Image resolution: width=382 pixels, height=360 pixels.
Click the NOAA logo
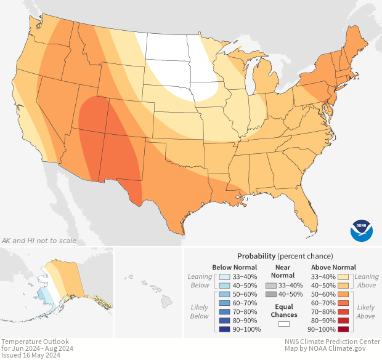click(362, 230)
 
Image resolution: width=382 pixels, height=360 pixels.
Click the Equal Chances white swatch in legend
click(284, 324)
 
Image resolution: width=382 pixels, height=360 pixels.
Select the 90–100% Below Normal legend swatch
click(224, 329)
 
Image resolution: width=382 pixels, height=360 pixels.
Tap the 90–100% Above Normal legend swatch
click(344, 329)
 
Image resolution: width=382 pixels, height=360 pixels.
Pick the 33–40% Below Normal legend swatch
click(224, 277)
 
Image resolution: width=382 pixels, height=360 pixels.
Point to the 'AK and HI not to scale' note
click(39, 240)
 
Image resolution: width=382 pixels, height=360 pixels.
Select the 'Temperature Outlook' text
click(35, 342)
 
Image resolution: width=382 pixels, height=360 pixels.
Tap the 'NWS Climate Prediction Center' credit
click(331, 342)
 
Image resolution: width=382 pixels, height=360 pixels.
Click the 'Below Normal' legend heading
click(234, 267)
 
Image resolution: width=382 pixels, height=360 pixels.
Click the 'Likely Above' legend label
click(365, 311)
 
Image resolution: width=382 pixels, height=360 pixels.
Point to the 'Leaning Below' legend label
click(200, 281)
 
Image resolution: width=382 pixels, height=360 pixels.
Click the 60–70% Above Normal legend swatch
click(344, 303)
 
